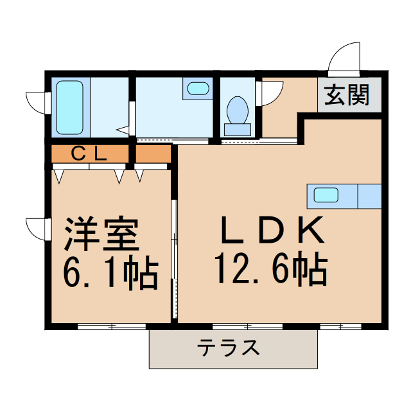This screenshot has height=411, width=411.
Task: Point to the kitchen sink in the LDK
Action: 327,194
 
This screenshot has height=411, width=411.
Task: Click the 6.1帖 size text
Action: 109,273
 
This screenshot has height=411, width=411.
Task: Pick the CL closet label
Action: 88,154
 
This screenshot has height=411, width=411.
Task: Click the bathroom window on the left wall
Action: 38,101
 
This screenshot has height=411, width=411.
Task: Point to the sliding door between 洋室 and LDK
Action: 173,257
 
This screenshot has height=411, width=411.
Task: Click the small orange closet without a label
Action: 152,155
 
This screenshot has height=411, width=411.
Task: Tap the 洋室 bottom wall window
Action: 112,326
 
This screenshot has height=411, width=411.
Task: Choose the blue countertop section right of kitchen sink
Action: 369,195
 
